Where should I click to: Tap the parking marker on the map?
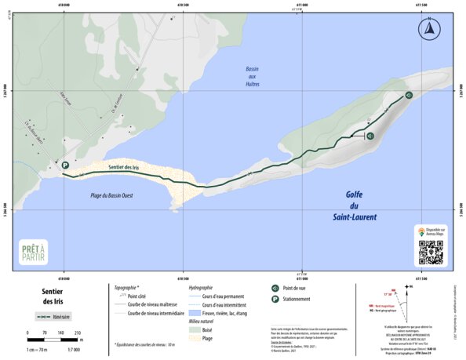click(x=66, y=165)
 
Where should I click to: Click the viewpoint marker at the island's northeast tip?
click(x=409, y=96)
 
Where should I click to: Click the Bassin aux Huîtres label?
click(x=253, y=76)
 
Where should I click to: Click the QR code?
click(x=430, y=252)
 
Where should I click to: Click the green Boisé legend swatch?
click(x=195, y=330)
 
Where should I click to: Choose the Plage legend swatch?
click(x=195, y=339)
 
